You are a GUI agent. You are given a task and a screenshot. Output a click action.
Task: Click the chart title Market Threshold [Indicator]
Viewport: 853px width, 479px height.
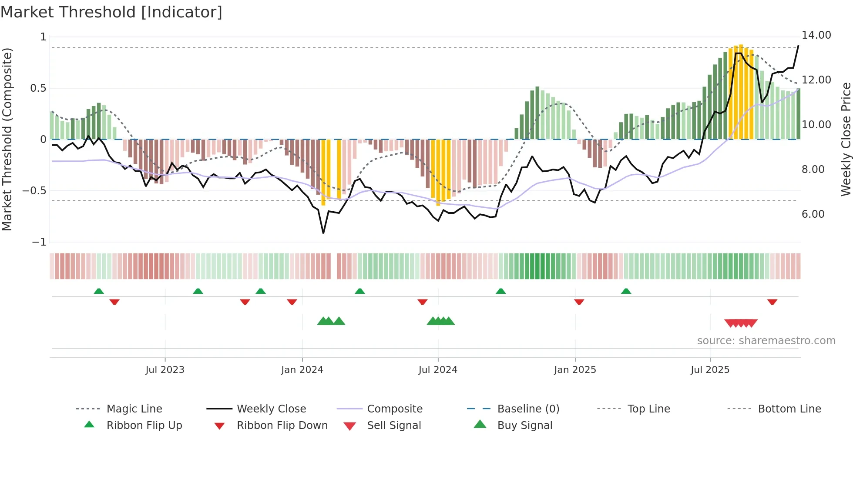point(111,12)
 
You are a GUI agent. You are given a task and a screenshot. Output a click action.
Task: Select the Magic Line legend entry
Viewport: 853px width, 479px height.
point(134,409)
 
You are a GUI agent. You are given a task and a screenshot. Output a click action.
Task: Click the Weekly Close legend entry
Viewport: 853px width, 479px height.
point(271,409)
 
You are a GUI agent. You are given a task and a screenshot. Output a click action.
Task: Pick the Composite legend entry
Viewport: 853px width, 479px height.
point(394,409)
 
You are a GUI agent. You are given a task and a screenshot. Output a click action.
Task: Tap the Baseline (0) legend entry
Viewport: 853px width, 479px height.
point(528,409)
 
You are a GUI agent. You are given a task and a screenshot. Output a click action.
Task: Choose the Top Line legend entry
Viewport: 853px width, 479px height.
point(648,409)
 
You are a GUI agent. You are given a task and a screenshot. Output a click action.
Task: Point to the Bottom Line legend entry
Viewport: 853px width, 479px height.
point(789,409)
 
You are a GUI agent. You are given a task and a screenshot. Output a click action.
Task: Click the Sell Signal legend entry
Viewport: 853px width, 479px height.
point(394,425)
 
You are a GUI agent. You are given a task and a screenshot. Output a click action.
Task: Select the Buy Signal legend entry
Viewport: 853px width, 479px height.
point(524,425)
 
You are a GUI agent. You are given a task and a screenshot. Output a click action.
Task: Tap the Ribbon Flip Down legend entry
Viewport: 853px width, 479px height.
point(282,425)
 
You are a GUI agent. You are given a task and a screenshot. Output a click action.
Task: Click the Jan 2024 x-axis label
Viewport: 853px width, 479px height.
point(302,369)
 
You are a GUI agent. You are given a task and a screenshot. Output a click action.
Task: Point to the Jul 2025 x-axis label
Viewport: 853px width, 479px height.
point(710,369)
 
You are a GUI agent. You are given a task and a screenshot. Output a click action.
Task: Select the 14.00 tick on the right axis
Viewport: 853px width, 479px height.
point(816,35)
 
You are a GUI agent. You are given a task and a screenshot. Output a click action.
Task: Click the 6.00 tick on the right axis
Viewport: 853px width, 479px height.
point(813,214)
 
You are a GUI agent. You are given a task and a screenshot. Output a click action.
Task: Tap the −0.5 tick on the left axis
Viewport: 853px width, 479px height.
point(34,191)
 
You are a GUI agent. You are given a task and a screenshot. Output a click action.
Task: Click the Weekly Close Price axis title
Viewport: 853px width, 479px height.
point(846,139)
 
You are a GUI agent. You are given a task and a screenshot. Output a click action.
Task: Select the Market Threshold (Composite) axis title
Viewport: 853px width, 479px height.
point(7,139)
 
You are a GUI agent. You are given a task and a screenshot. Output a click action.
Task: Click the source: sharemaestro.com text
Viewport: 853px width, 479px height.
point(766,340)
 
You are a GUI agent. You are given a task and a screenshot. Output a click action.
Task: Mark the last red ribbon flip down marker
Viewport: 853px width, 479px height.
point(772,302)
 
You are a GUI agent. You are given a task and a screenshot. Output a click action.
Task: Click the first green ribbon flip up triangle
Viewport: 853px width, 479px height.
point(99,291)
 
